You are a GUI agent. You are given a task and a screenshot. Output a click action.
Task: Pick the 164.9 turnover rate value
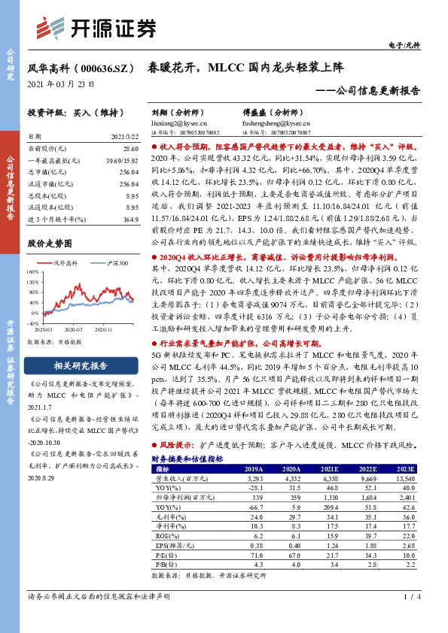click(x=131, y=219)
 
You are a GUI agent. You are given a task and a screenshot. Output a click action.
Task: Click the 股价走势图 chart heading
click(x=50, y=244)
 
